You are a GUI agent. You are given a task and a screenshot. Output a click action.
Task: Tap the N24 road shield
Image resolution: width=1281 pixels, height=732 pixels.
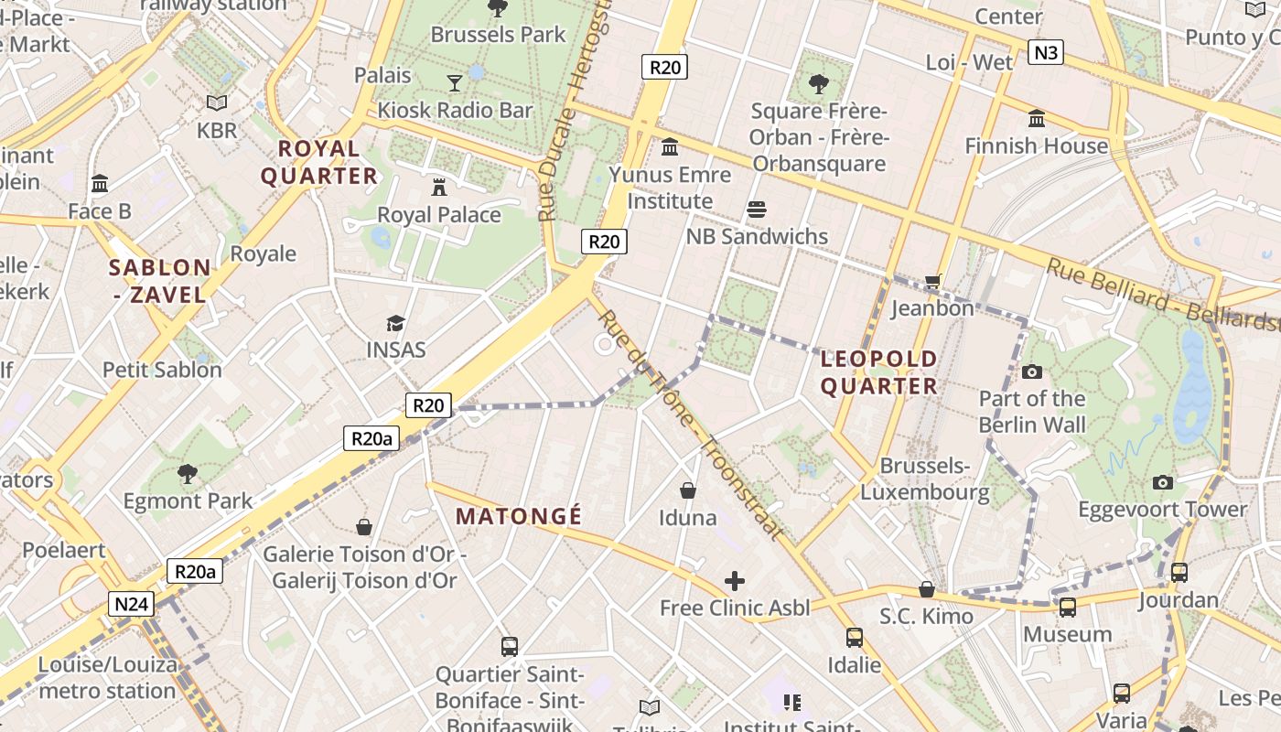tap(131, 604)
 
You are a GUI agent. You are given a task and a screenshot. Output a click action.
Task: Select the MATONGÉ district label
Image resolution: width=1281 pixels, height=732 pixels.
tap(519, 516)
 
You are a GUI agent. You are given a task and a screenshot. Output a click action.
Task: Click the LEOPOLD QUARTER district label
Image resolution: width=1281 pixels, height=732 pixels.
tap(878, 372)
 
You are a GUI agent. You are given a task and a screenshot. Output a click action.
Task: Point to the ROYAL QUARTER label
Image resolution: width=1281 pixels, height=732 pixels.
tap(318, 162)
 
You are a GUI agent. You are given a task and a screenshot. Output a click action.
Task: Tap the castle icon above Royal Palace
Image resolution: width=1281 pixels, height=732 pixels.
tap(439, 188)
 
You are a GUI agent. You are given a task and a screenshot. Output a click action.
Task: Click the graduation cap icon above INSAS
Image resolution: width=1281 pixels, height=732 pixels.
tap(395, 323)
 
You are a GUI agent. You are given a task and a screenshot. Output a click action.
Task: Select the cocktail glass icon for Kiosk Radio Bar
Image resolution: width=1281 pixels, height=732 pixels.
tap(455, 83)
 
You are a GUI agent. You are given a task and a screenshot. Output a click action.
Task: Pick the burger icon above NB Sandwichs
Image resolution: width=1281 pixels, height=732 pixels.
tap(756, 210)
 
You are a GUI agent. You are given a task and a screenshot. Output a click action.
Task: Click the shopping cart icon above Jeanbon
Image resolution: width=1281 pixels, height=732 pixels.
tap(932, 282)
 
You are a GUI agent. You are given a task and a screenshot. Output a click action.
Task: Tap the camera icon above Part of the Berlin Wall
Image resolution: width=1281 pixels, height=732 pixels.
tap(1031, 371)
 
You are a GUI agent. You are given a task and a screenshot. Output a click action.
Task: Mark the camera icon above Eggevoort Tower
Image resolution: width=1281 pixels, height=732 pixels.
tap(1162, 482)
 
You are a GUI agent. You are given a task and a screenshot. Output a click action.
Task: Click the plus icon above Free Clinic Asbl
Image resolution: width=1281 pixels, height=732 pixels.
tap(735, 581)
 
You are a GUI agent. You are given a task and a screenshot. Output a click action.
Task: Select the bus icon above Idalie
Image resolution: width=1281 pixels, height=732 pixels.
tap(854, 637)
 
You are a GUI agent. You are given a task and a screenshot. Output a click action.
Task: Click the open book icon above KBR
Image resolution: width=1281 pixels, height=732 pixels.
tap(216, 103)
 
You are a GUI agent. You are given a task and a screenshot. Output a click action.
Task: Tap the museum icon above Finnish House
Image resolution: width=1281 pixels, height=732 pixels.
tap(1036, 119)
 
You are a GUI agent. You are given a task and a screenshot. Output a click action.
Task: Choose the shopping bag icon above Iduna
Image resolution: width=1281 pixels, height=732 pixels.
tap(688, 491)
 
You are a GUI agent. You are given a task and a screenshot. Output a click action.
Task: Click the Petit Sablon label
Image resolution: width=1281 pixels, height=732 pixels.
tap(162, 370)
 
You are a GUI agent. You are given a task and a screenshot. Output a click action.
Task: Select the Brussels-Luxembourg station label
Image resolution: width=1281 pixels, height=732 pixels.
tap(924, 479)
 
